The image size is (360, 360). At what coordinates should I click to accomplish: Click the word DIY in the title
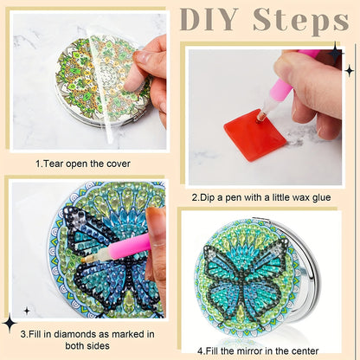coord(209,20)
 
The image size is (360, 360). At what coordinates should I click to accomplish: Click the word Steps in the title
coord(301,22)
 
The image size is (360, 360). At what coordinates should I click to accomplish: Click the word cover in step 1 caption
coord(119,164)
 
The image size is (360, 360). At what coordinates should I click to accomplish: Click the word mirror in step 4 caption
coord(249,351)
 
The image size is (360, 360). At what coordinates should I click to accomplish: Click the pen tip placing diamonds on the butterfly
coord(83,260)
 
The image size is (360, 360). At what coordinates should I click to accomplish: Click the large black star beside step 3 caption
coord(10,323)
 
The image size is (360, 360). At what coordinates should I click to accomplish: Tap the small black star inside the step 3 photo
coord(27,311)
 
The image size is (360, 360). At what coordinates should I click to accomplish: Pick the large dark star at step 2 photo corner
coord(335,53)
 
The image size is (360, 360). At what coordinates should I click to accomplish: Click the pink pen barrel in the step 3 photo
coord(131,246)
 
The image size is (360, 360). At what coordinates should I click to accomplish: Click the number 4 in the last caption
coord(200,351)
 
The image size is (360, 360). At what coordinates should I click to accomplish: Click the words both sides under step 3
coord(87,345)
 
